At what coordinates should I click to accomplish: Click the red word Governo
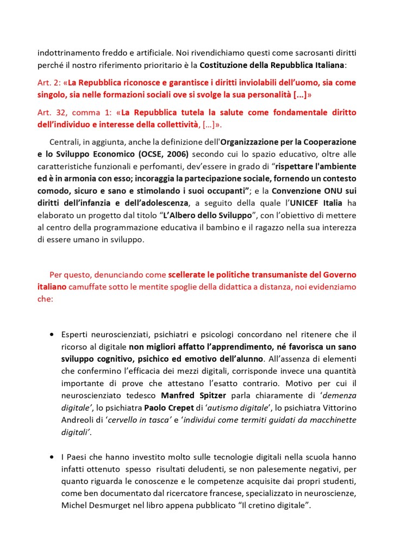(340, 275)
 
